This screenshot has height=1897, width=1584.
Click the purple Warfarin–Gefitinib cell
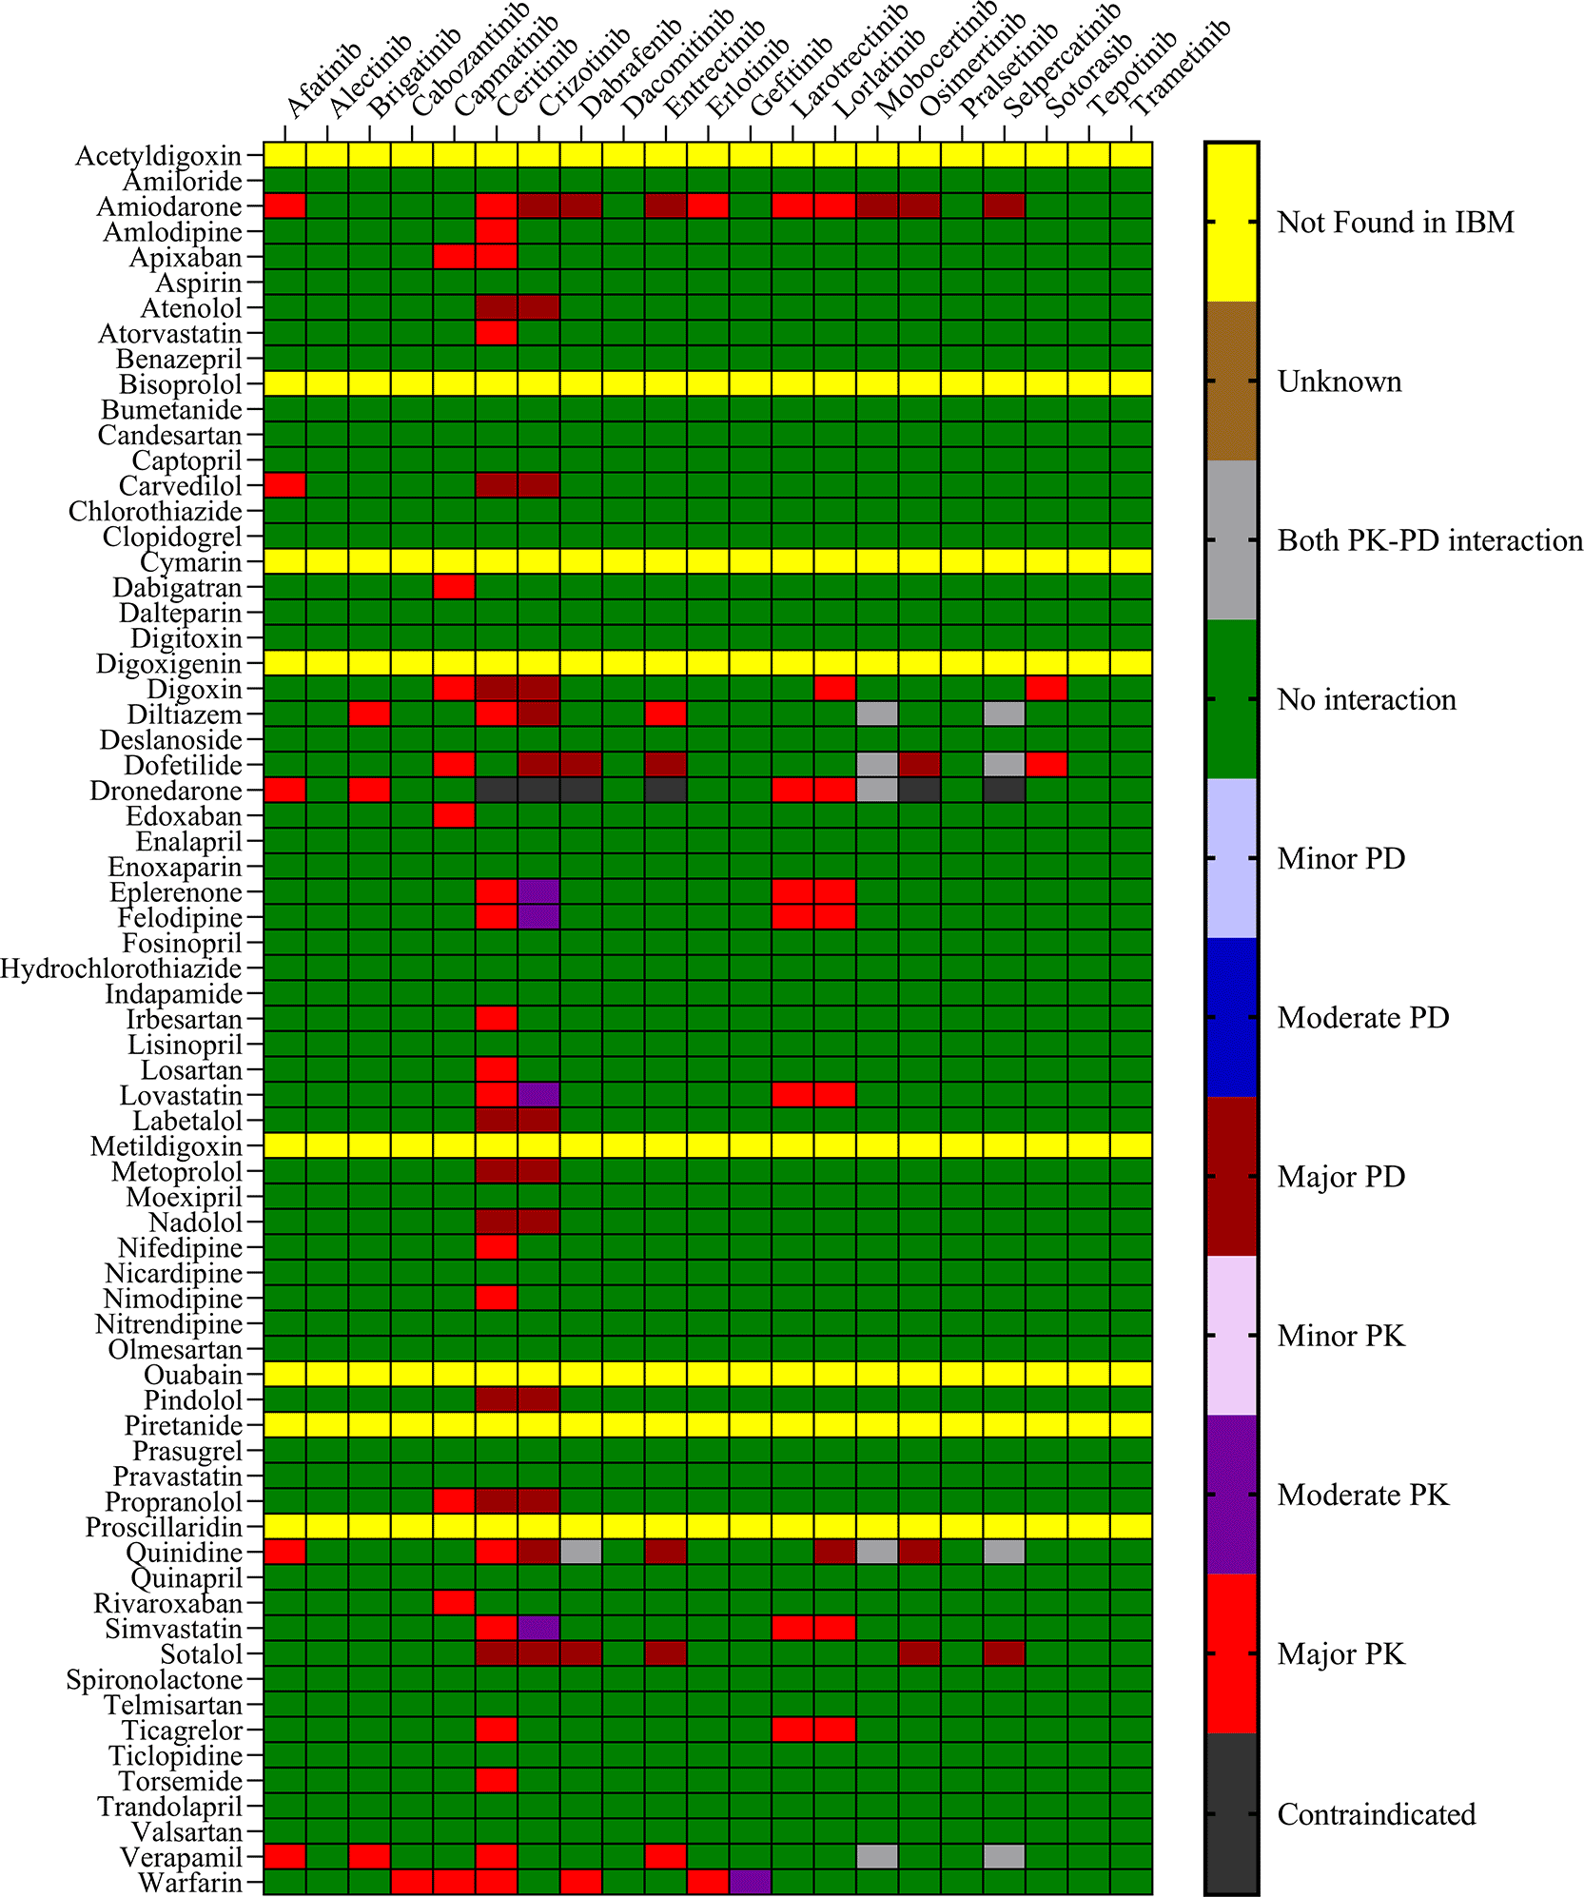pyautogui.click(x=751, y=1882)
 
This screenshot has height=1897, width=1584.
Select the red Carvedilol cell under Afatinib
pyautogui.click(x=284, y=485)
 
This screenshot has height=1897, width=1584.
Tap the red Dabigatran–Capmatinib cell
pyautogui.click(x=454, y=587)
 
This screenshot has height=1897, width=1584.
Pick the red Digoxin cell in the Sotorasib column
pyautogui.click(x=1046, y=689)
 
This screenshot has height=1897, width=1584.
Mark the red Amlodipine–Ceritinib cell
pyautogui.click(x=497, y=231)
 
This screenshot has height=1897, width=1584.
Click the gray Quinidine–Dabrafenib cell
pyautogui.click(x=581, y=1552)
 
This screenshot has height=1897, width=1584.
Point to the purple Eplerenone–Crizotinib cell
pyautogui.click(x=538, y=892)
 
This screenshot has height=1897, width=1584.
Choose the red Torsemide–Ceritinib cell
pyautogui.click(x=497, y=1780)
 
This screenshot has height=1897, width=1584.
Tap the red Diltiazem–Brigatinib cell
pyautogui.click(x=369, y=714)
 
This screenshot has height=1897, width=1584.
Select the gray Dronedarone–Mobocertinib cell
pyautogui.click(x=877, y=791)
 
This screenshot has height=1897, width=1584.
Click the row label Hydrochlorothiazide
pyautogui.click(x=121, y=968)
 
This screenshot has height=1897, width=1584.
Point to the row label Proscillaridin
pyautogui.click(x=164, y=1527)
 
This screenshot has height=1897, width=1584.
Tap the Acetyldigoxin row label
pyautogui.click(x=158, y=155)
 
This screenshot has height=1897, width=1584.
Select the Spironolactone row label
pyautogui.click(x=154, y=1679)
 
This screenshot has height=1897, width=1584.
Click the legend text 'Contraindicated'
pyautogui.click(x=1376, y=1814)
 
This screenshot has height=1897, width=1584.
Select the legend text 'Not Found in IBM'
pyautogui.click(x=1395, y=223)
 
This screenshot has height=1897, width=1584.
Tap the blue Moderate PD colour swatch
pyautogui.click(x=1231, y=1017)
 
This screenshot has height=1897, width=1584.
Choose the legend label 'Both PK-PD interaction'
pyautogui.click(x=1429, y=540)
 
